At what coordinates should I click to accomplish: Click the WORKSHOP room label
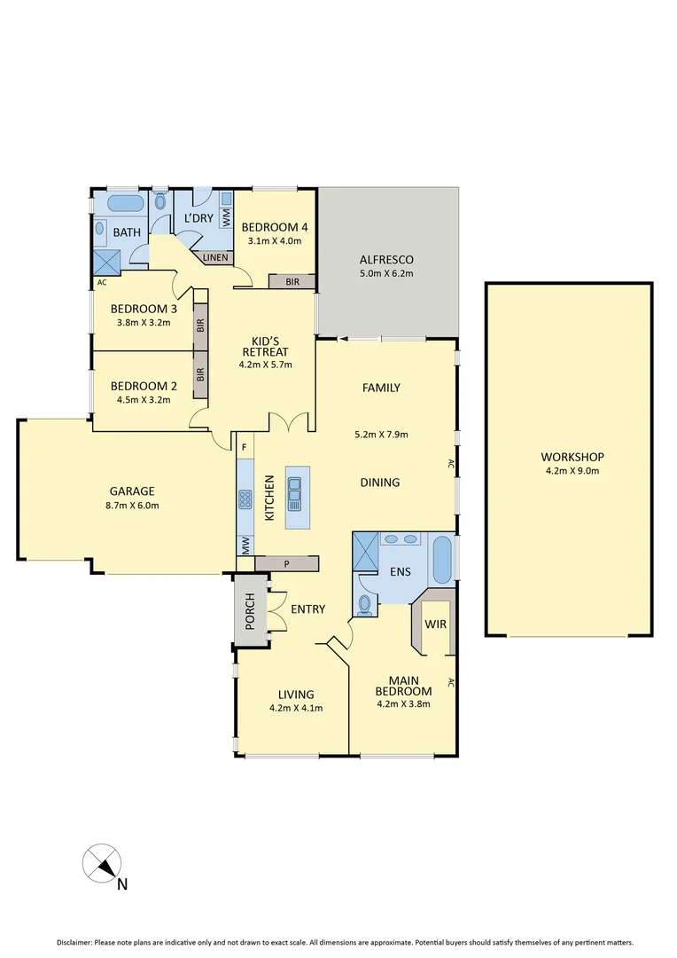[570, 457]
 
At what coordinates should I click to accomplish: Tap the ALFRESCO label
[386, 260]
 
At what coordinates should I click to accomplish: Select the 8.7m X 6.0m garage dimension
[132, 506]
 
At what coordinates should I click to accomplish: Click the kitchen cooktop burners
[245, 500]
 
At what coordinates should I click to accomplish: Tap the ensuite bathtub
[442, 560]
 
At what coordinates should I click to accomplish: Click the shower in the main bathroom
[107, 261]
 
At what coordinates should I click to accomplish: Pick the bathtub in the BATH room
[124, 203]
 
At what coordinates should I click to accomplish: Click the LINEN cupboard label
[216, 258]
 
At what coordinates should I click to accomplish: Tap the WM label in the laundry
[226, 216]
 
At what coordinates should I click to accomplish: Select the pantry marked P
[286, 563]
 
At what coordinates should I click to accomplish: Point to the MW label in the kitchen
[245, 546]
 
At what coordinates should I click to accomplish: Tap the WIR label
[435, 624]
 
